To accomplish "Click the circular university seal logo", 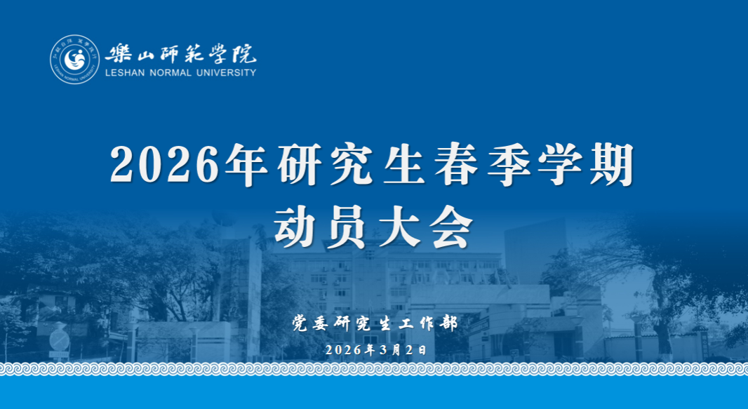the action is pos(75,60).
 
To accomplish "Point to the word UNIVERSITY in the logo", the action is pos(227,73).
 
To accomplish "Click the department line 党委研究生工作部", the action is pos(375,323).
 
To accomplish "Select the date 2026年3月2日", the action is pos(376,350).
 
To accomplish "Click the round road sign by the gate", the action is pos(60,340).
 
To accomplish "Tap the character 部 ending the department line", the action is pos(448,323).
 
